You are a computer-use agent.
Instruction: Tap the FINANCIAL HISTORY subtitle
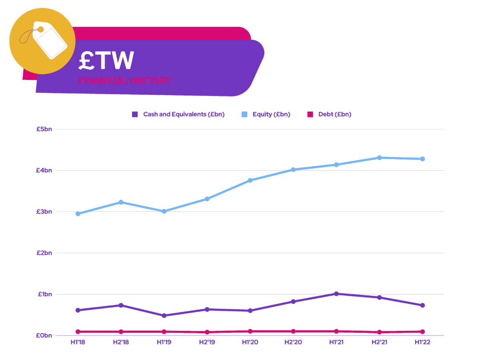click(x=124, y=80)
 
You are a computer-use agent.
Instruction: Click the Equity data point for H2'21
click(x=380, y=158)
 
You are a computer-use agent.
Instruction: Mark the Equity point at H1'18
click(x=78, y=214)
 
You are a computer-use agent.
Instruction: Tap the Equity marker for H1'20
click(x=250, y=180)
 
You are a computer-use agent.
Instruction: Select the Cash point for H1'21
click(x=336, y=294)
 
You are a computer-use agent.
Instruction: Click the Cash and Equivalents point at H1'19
click(x=164, y=316)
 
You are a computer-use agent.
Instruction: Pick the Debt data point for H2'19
click(x=207, y=332)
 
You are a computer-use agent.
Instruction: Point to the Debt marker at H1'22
click(x=422, y=332)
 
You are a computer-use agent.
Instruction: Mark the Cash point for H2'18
click(x=121, y=305)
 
